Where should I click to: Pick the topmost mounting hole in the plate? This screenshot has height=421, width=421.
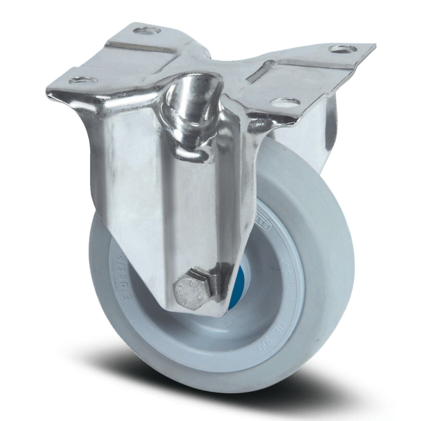point(147,31)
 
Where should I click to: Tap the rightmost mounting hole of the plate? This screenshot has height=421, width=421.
point(343,49)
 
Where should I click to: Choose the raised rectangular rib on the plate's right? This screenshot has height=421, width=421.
point(295,72)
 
